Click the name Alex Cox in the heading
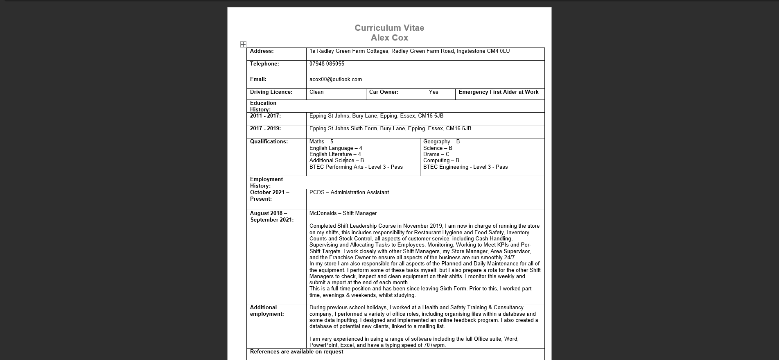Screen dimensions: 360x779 coord(389,38)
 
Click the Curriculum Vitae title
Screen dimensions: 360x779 coord(389,28)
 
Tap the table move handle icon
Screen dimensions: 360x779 coord(243,44)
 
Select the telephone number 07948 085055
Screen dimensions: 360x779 coord(327,64)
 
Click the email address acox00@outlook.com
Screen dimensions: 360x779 coord(335,79)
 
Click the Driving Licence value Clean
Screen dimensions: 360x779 coord(316,92)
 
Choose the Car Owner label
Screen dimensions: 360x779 coord(384,92)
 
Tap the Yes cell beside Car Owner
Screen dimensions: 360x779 coord(434,92)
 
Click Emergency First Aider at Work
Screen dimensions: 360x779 coord(499,92)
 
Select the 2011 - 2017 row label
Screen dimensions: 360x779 coord(265,116)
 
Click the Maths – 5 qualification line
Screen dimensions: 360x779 coord(321,142)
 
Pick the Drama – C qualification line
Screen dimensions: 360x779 coord(436,154)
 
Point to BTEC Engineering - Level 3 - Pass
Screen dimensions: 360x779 coord(465,167)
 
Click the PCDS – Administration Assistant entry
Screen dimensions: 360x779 coord(349,192)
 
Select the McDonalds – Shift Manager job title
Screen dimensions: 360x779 coord(343,213)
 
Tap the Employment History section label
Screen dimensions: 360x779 coord(266,182)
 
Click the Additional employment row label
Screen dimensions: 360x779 coord(266,310)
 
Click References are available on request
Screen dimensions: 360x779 coord(296,352)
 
